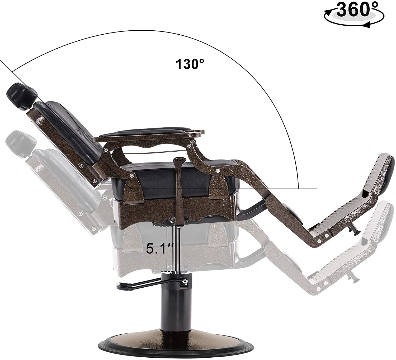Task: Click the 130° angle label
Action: (190, 64)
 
